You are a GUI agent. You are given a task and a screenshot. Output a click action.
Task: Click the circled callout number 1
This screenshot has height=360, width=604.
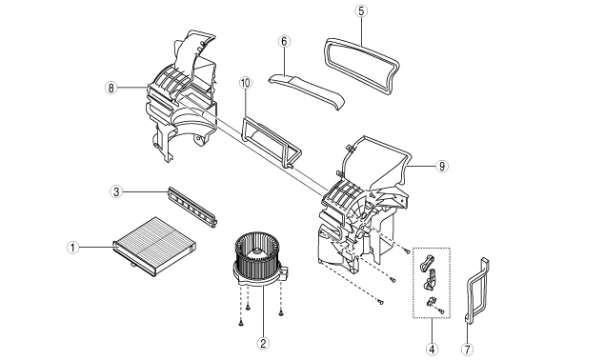72,248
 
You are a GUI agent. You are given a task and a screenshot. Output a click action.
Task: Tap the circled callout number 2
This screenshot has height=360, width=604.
263,343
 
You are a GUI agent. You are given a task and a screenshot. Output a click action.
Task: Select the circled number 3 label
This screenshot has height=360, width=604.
116,191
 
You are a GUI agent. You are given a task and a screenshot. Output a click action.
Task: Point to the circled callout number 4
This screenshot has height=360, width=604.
432,350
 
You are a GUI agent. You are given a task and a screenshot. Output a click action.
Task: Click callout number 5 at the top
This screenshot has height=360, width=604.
361,10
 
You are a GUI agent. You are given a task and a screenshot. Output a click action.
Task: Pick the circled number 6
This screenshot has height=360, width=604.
284,41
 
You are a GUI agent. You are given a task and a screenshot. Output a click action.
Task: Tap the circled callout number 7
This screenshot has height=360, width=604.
467,350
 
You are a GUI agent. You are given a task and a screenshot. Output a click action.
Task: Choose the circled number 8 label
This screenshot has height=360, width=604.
111,88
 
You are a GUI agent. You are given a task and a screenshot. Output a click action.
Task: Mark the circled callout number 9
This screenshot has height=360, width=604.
442,167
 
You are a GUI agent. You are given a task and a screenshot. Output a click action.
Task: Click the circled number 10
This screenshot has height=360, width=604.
246,83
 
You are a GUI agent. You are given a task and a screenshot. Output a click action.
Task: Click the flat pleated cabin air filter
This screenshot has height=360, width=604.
154,247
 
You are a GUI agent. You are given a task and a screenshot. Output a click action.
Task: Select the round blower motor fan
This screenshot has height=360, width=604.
258,259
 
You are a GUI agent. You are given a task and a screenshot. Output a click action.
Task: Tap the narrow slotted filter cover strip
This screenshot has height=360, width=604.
193,208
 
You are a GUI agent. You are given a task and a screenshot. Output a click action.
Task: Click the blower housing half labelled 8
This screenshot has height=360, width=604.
181,96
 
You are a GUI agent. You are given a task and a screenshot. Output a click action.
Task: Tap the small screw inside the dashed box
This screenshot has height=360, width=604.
441,310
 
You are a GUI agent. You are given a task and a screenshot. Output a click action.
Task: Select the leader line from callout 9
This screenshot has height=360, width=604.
421,166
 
